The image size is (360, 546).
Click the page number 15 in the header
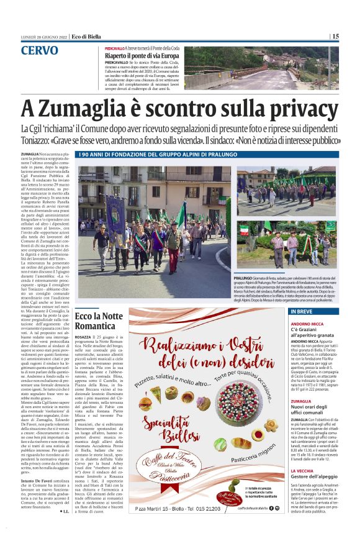[x=335, y=36]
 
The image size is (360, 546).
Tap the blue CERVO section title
[x=40, y=50]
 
